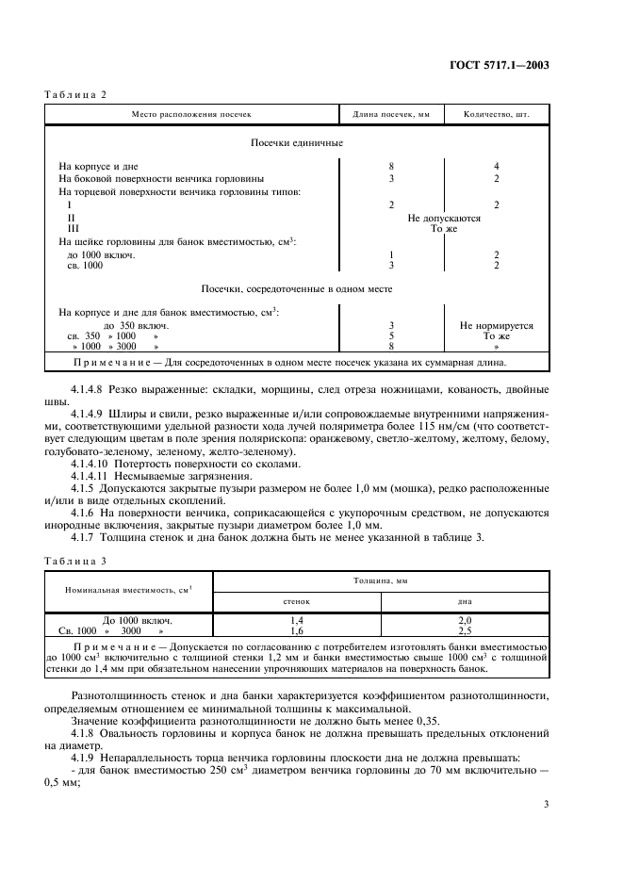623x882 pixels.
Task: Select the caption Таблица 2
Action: click(x=76, y=95)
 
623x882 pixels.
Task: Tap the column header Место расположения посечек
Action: click(x=191, y=114)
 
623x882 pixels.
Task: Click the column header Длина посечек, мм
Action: click(x=390, y=114)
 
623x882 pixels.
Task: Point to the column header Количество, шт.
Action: click(x=496, y=114)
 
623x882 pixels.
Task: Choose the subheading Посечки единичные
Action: click(x=296, y=143)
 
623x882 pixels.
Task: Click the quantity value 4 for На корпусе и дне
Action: click(x=496, y=167)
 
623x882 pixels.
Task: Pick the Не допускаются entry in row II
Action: click(x=444, y=218)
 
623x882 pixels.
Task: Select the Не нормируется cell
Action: click(x=496, y=325)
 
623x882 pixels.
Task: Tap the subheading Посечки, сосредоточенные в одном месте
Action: click(x=296, y=289)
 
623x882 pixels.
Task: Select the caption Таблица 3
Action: click(x=76, y=562)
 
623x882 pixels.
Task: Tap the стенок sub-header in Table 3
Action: click(x=297, y=600)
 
